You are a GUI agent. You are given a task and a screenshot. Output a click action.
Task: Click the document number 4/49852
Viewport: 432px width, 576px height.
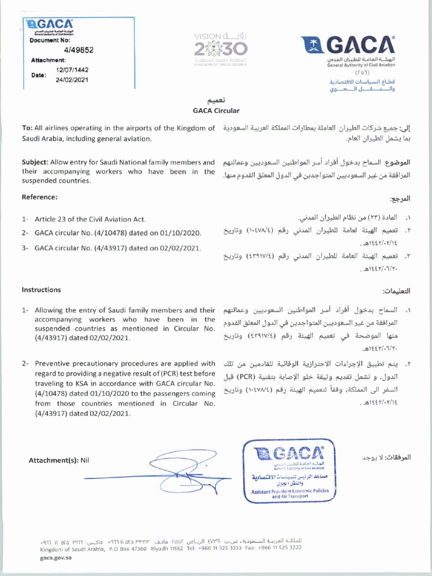[78, 49]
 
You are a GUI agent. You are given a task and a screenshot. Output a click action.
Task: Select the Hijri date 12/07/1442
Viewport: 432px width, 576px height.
[73, 70]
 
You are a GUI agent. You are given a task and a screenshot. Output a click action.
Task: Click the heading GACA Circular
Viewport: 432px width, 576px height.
[216, 111]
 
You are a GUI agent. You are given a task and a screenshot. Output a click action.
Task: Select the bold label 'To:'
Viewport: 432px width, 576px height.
[26, 129]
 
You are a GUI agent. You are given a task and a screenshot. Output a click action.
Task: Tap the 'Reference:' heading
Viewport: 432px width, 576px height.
[39, 197]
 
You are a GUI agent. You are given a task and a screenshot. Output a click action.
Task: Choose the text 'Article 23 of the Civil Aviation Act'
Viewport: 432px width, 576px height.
[90, 219]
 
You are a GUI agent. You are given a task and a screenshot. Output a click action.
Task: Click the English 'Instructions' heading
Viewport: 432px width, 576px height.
[41, 290]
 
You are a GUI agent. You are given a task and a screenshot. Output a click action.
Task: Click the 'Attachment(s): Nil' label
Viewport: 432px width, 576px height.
[59, 460]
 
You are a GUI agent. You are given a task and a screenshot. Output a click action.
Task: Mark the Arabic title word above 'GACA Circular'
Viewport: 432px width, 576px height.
[216, 101]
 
